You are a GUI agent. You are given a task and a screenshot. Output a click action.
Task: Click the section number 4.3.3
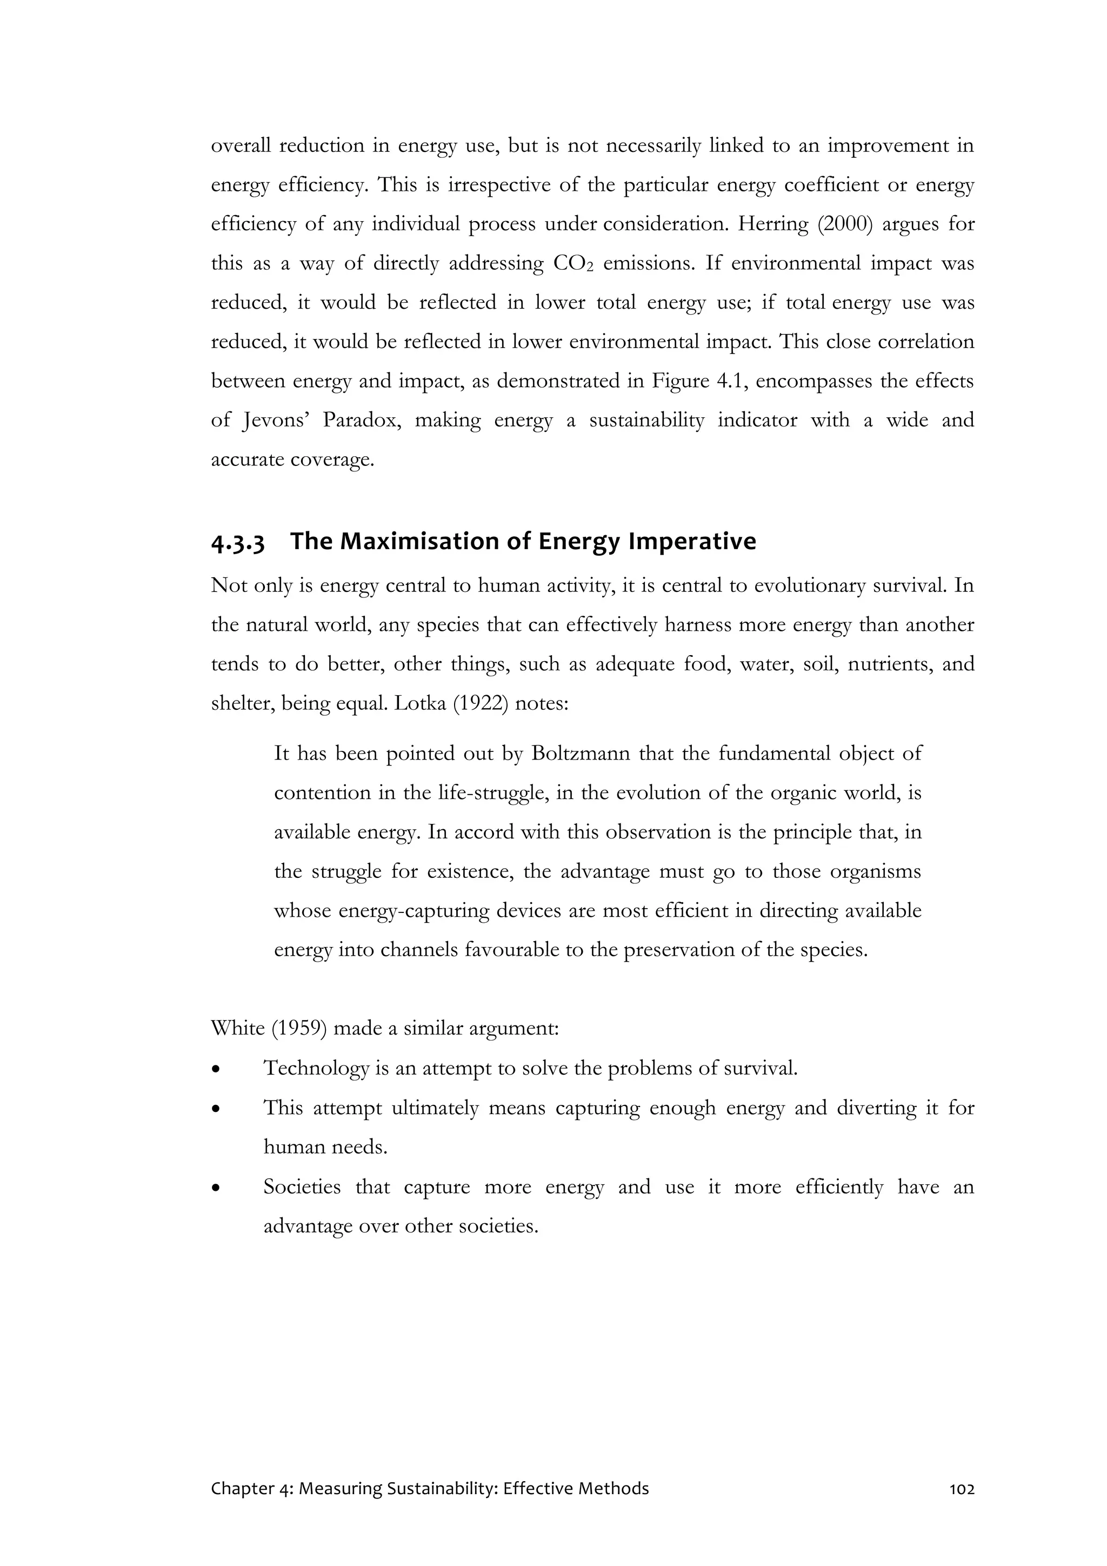(x=237, y=542)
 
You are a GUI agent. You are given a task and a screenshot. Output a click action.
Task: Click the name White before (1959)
(x=237, y=1028)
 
